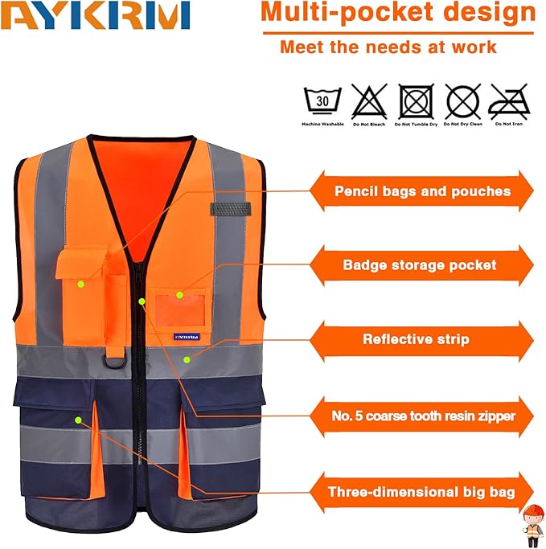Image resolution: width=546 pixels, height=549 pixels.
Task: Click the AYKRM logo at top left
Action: pos(96,15)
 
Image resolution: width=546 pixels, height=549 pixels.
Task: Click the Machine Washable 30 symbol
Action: pos(322,102)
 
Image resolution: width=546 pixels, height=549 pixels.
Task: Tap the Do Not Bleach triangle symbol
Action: pos(368,102)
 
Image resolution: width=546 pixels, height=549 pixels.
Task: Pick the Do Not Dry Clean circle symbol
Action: pos(462,102)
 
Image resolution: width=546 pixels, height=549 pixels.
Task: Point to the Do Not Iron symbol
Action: pos(509,102)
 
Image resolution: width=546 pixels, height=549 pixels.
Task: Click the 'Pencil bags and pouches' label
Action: pos(422,191)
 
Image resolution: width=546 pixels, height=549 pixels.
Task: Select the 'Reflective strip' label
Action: pos(416,339)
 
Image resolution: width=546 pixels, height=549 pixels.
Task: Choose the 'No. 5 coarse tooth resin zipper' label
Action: pos(423,416)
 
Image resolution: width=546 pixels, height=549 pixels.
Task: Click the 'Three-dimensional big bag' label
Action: pos(421,492)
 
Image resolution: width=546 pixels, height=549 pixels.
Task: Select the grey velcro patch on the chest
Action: pos(229,209)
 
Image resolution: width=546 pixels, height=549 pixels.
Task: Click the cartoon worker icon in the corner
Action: pos(532,522)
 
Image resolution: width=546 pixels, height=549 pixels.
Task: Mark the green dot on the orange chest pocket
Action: pos(80,284)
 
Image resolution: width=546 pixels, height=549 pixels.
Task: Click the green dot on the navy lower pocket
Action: pos(78,420)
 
